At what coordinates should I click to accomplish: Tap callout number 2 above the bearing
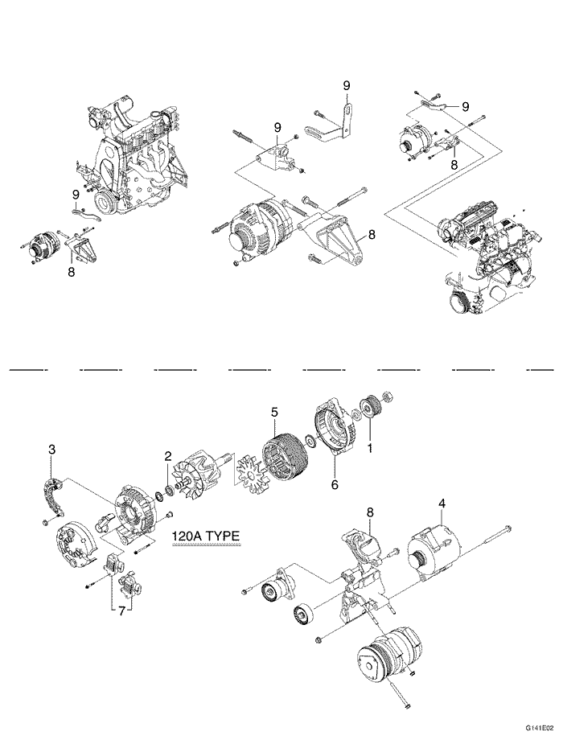[x=168, y=456]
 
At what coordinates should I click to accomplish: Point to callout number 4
[x=442, y=505]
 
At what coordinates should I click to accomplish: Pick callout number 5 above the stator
[x=274, y=411]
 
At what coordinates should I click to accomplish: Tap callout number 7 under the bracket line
[x=121, y=611]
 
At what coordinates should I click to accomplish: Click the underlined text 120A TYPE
[x=205, y=537]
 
